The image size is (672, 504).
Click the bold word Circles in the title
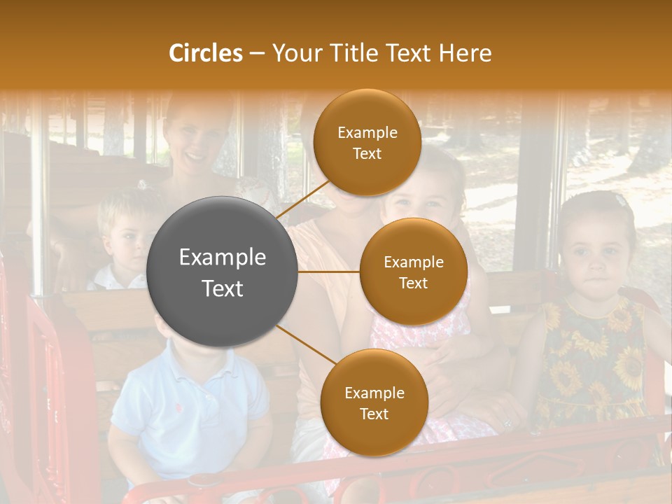pyautogui.click(x=205, y=53)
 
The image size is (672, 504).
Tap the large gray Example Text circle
pyautogui.click(x=223, y=272)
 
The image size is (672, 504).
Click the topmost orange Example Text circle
pyautogui.click(x=367, y=143)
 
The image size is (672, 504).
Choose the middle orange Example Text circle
pyautogui.click(x=414, y=272)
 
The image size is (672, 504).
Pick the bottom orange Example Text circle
pyautogui.click(x=374, y=402)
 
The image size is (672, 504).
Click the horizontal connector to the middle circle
pyautogui.click(x=329, y=272)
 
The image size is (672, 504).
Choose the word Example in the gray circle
pyautogui.click(x=223, y=258)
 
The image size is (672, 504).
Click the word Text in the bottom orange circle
pyautogui.click(x=374, y=414)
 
